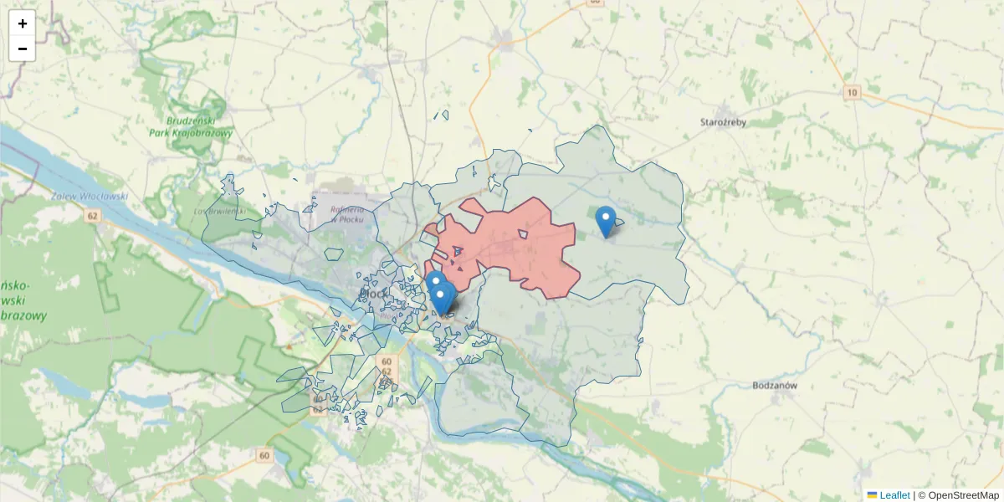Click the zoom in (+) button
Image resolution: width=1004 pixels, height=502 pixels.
pyautogui.click(x=23, y=23)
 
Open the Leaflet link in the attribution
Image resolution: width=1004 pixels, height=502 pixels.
pyautogui.click(x=894, y=495)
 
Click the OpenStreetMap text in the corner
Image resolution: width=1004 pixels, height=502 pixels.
pyautogui.click(x=964, y=495)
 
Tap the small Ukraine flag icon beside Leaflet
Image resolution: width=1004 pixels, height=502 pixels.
pyautogui.click(x=873, y=495)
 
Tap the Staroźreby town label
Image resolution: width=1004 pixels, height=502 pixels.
pyautogui.click(x=723, y=121)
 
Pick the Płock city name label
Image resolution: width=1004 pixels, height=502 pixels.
pyautogui.click(x=371, y=293)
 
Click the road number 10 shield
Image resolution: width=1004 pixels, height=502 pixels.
pyautogui.click(x=852, y=92)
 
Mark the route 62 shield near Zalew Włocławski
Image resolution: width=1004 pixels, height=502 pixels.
pyautogui.click(x=91, y=216)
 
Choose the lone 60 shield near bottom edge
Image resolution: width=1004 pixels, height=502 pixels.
pyautogui.click(x=264, y=455)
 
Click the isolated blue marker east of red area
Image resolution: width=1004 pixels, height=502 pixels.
pyautogui.click(x=606, y=221)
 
